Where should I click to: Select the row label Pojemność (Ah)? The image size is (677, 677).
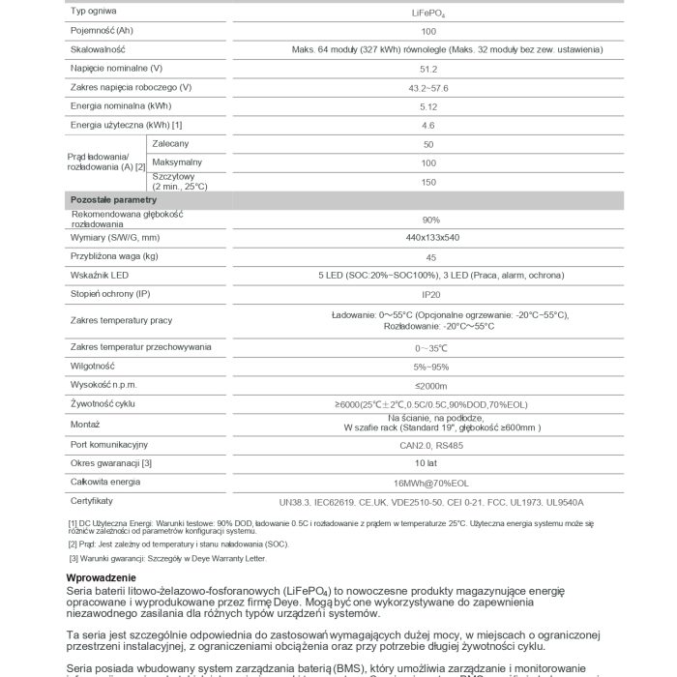point(102,31)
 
